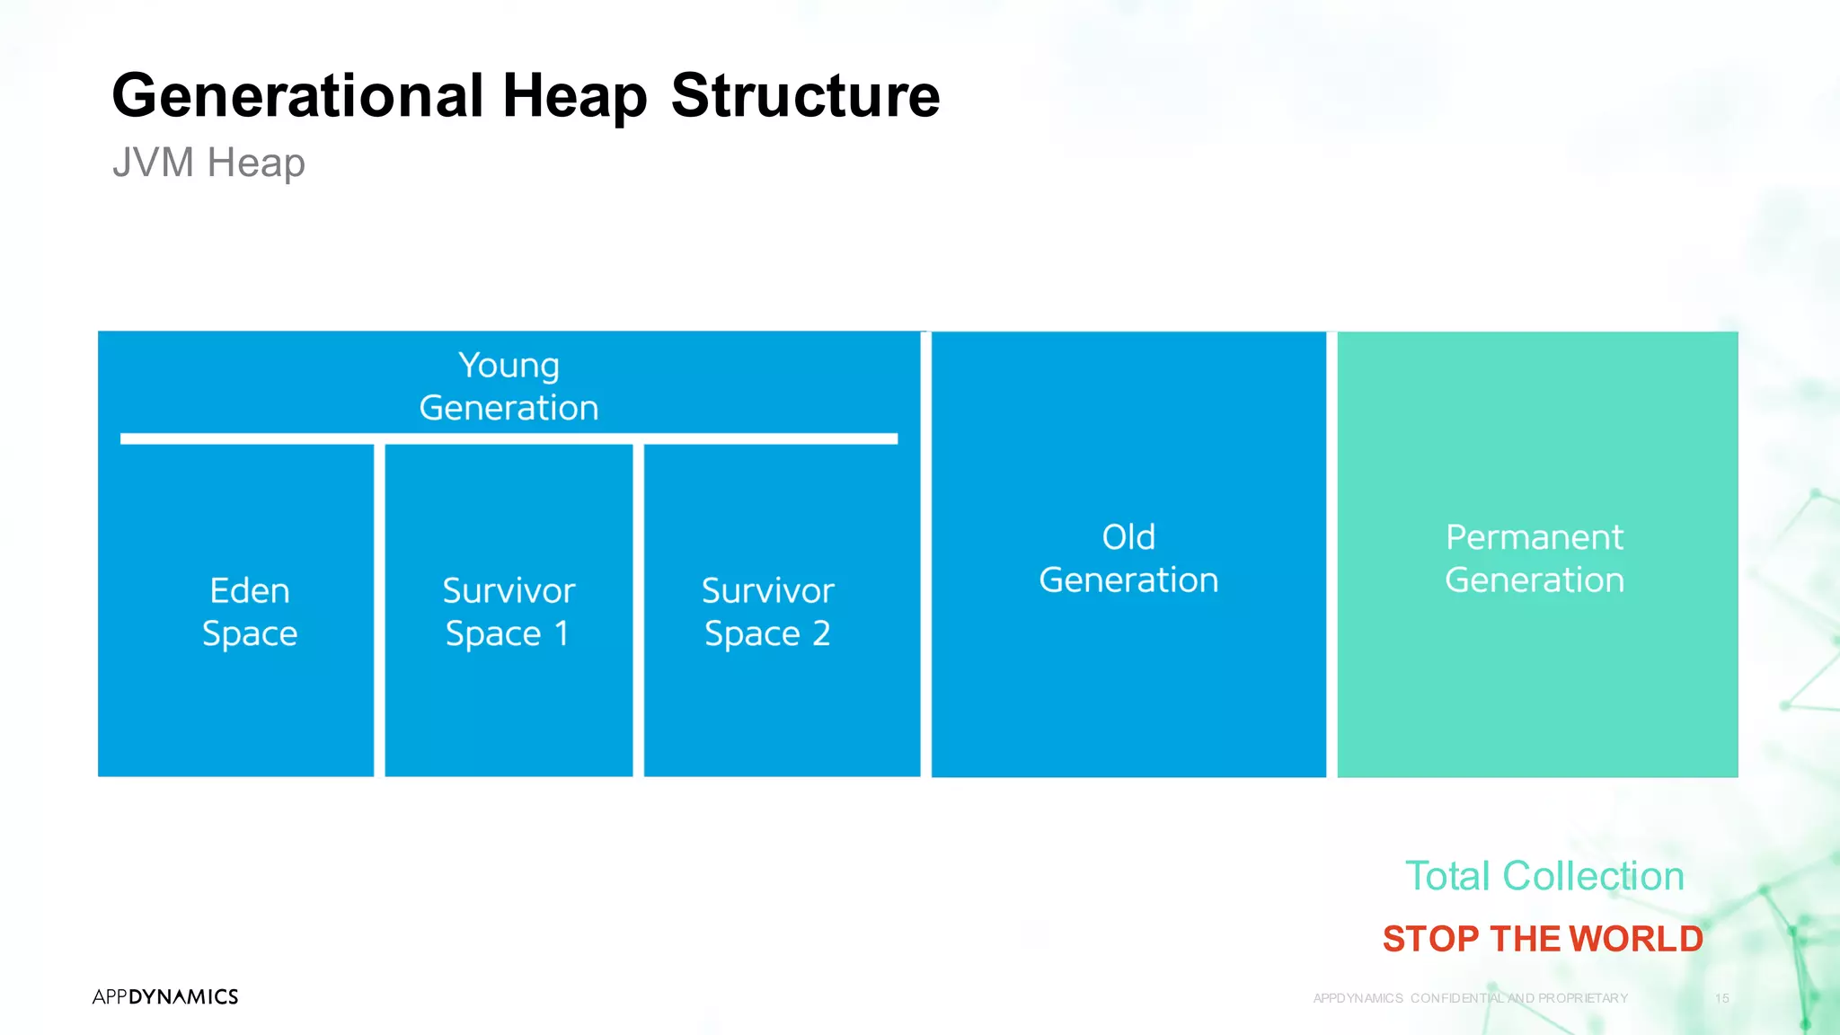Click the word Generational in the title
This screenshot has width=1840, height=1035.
(297, 96)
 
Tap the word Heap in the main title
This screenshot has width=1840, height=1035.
(574, 96)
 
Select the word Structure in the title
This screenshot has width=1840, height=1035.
(805, 96)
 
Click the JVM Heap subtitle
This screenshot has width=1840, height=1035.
(208, 163)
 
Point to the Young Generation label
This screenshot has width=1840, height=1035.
(509, 386)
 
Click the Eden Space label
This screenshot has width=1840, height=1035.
(249, 612)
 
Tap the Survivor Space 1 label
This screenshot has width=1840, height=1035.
(509, 612)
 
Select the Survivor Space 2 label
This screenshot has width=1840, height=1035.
(767, 612)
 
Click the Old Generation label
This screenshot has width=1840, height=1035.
(1128, 558)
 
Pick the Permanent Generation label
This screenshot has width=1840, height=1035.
(1535, 558)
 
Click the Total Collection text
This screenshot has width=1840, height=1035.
(1544, 876)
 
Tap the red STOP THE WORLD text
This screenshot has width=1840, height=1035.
(1543, 939)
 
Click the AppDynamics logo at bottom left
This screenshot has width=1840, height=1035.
(165, 996)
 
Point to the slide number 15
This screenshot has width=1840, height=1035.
(1721, 998)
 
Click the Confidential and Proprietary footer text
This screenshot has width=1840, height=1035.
(1471, 998)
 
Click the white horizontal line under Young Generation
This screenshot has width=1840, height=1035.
(509, 438)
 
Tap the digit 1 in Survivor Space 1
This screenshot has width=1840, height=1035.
(562, 633)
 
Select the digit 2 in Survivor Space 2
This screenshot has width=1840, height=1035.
(820, 633)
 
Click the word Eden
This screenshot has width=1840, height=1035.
(249, 590)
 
